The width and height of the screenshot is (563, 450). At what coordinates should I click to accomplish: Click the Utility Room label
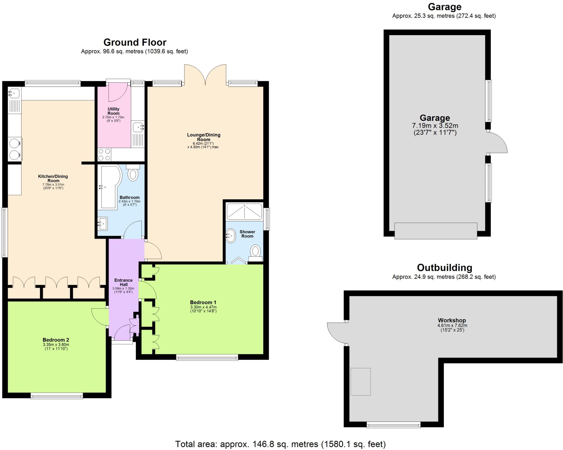point(113,111)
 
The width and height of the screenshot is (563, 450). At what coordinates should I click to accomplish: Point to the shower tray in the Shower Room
point(244,212)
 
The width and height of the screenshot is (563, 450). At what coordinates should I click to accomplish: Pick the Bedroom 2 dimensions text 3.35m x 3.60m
point(56,345)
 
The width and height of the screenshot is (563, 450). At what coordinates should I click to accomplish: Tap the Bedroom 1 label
point(203,302)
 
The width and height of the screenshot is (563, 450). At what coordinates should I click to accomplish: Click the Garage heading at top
point(444,7)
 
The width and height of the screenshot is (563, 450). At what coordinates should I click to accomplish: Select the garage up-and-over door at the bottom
point(436,231)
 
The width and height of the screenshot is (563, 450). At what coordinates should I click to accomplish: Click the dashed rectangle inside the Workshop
point(360,382)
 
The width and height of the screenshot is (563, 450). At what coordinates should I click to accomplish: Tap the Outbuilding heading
point(444,267)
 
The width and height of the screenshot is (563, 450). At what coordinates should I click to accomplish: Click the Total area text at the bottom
point(280,444)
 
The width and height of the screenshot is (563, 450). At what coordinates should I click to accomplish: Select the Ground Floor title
point(135,42)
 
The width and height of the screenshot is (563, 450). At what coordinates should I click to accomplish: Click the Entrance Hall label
point(123,282)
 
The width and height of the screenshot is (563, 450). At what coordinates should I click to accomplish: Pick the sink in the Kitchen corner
point(14,93)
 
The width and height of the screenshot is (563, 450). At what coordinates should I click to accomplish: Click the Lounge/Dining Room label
point(203,137)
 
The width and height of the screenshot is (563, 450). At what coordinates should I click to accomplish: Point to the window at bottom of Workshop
point(393,425)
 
